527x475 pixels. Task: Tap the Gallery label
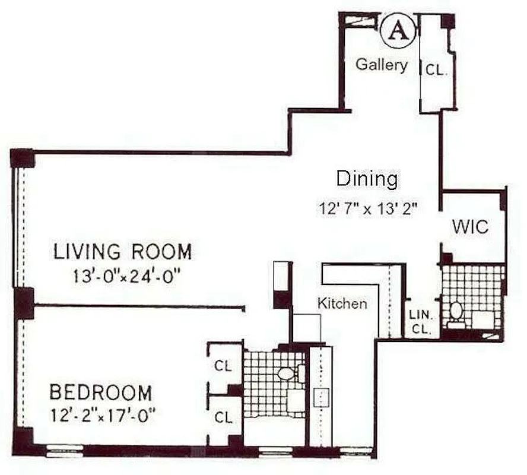(382, 65)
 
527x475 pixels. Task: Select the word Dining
(366, 179)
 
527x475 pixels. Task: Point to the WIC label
(470, 227)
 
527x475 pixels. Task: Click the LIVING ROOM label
(123, 252)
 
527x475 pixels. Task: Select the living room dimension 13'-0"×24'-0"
(123, 277)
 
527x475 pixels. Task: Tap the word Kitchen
(342, 303)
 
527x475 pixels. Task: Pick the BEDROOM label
(100, 393)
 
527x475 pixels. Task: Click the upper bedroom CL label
(223, 365)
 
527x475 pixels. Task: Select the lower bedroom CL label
(223, 417)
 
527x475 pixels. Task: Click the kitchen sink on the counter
(321, 397)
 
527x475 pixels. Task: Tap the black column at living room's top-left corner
(23, 157)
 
